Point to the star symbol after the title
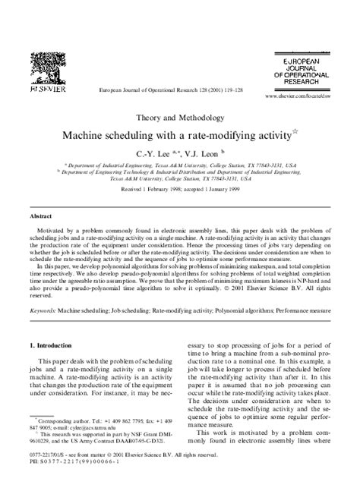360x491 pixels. [x=297, y=132]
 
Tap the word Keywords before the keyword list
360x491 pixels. [x=43, y=310]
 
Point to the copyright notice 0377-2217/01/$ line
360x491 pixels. [x=114, y=454]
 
